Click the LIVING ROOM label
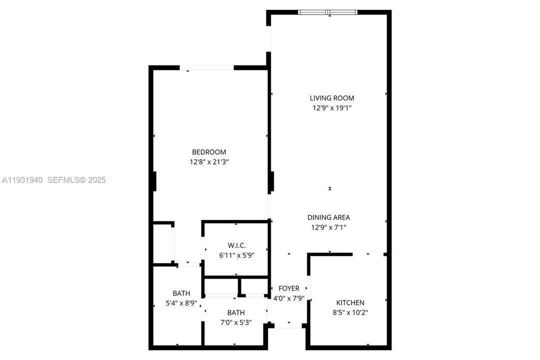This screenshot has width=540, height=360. (332, 98)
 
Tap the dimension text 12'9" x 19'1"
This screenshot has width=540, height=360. (332, 107)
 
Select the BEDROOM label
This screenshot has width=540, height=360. (209, 152)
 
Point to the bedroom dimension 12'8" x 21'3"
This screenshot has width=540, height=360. (209, 161)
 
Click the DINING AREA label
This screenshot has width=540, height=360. (328, 217)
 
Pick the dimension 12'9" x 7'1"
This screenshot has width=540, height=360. (328, 227)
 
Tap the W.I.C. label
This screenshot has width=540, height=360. (236, 245)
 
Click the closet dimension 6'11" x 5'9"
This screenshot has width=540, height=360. (236, 254)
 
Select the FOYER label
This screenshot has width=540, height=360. (289, 288)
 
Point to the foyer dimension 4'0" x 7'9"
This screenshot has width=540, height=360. (289, 298)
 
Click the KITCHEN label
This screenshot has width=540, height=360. (350, 302)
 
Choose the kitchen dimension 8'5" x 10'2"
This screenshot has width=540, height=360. (350, 312)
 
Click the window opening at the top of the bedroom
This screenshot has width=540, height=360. (207, 67)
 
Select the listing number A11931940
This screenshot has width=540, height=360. (23, 180)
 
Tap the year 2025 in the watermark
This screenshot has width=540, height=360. (97, 180)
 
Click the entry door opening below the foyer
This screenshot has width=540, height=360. (289, 327)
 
